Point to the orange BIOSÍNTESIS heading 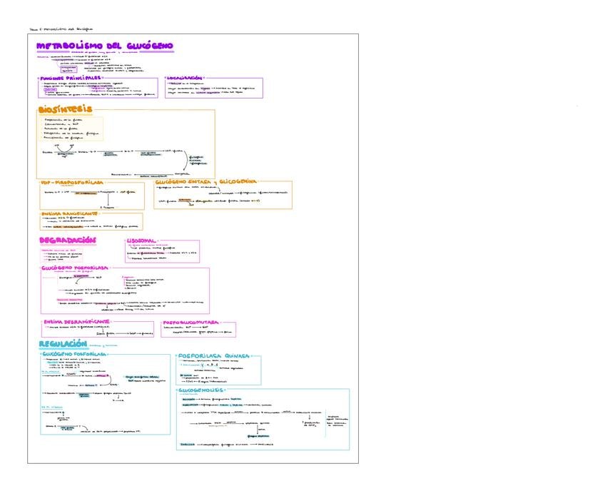tap(65, 109)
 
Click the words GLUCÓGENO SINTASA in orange tap(182, 183)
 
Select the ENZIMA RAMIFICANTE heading tap(69, 213)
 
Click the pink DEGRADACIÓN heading tap(67, 240)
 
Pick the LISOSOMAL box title tap(141, 241)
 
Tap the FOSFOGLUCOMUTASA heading tap(190, 323)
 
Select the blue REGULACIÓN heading tap(67, 344)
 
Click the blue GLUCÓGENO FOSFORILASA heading tap(75, 354)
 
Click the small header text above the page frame tap(61, 29)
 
